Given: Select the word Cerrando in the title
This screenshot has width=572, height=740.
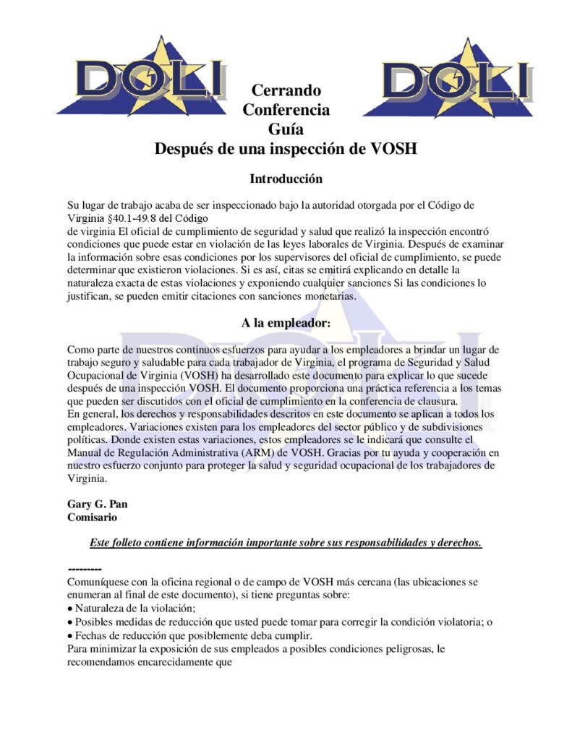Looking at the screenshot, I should click(x=286, y=91).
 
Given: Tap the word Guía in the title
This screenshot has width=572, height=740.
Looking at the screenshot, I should click(x=286, y=129).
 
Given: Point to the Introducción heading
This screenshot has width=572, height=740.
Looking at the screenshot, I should click(x=286, y=178).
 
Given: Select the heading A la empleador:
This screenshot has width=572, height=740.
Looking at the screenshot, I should click(x=286, y=323).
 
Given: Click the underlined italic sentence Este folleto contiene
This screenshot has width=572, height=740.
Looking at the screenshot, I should click(x=286, y=543).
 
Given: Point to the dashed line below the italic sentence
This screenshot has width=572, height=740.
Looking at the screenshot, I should click(x=84, y=569).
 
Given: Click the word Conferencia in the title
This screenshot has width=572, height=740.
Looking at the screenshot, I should click(x=286, y=111).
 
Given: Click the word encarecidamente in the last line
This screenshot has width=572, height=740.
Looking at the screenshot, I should click(x=169, y=662).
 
